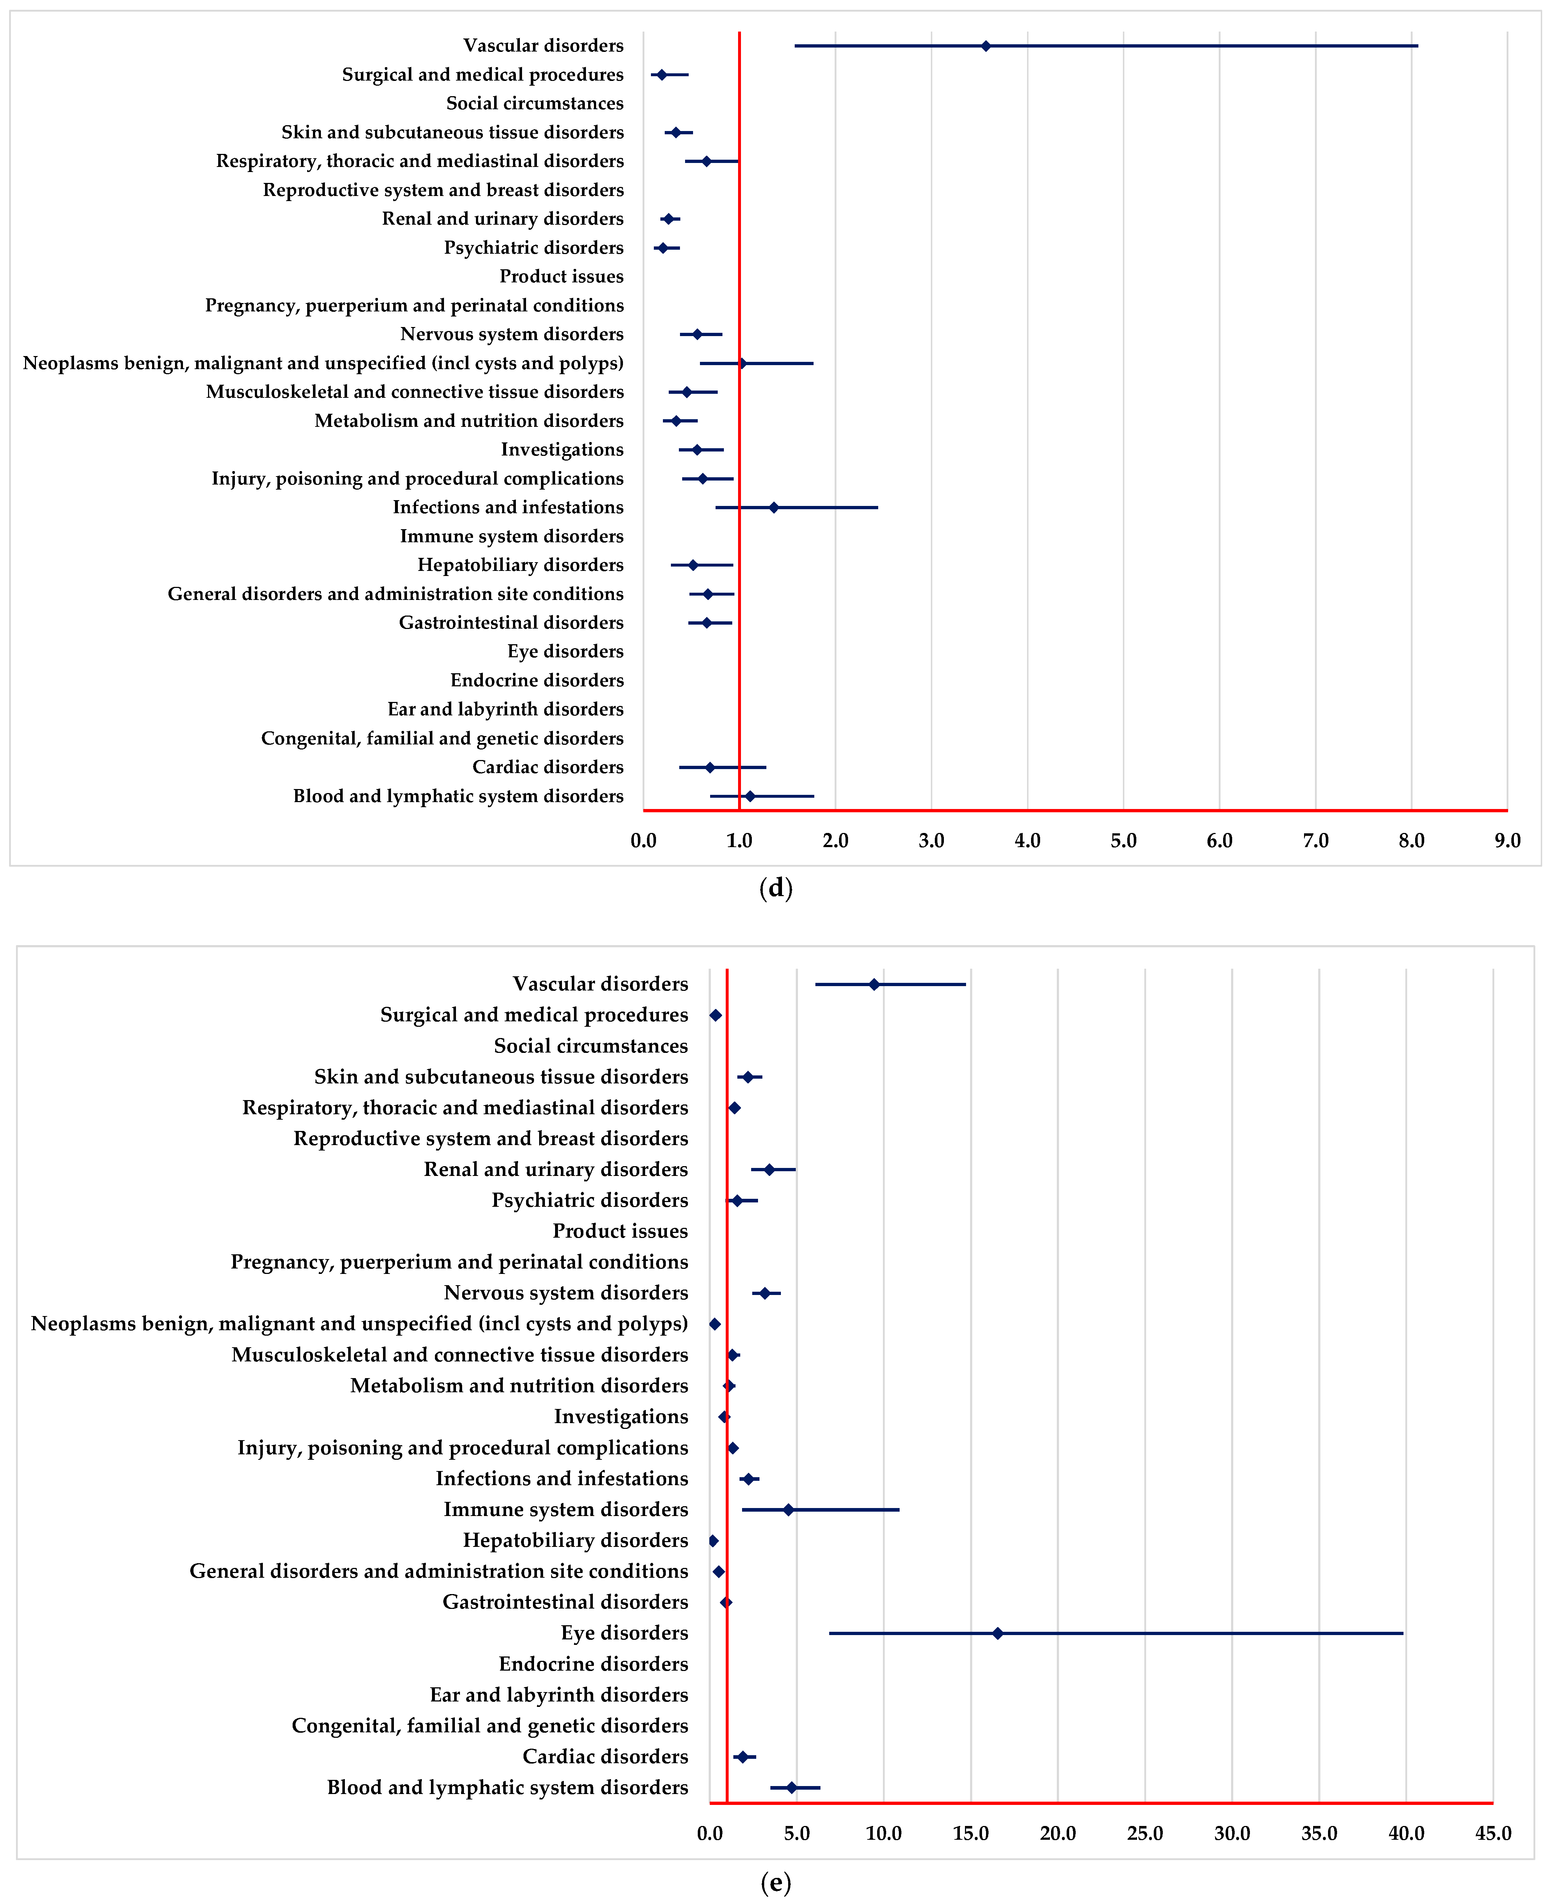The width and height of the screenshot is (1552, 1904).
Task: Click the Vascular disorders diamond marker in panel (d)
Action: click(x=985, y=46)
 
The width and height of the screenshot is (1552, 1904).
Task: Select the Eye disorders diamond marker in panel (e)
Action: click(x=998, y=1633)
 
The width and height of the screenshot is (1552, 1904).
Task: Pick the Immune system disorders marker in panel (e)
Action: click(x=788, y=1510)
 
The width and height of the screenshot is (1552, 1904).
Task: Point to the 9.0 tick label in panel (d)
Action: click(x=1507, y=840)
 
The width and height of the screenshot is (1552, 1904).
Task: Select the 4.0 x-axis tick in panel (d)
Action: click(x=1027, y=840)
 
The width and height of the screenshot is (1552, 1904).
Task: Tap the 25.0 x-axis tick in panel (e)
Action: click(x=1144, y=1833)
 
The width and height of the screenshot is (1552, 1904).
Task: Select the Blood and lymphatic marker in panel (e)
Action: click(x=791, y=1788)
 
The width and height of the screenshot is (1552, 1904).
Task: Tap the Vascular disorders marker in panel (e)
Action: click(x=874, y=984)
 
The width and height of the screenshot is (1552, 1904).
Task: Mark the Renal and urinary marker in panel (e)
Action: click(x=769, y=1169)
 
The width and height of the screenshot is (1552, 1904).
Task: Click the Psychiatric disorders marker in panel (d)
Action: click(x=663, y=248)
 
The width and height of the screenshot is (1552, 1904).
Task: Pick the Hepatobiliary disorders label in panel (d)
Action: click(x=520, y=565)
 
